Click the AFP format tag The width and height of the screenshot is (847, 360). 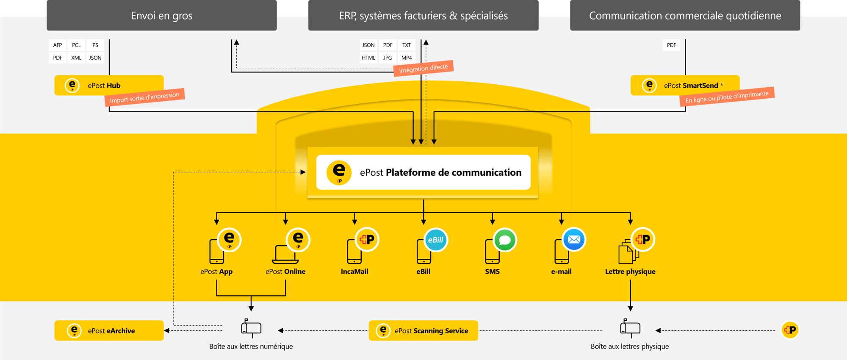click(x=58, y=45)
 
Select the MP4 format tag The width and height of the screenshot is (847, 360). click(x=407, y=58)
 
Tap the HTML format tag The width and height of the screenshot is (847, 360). click(x=368, y=58)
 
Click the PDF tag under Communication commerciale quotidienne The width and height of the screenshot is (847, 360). click(x=671, y=45)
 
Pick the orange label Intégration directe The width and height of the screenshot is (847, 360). click(x=423, y=68)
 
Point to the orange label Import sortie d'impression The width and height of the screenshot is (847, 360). click(x=144, y=97)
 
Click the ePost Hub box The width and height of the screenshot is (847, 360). click(x=109, y=85)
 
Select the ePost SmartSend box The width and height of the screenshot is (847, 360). click(x=685, y=85)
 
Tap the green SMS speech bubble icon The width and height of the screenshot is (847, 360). click(x=505, y=240)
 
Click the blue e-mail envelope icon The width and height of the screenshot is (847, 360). click(x=574, y=240)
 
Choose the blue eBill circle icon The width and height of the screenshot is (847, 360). click(x=435, y=240)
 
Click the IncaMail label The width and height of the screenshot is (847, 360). click(x=354, y=271)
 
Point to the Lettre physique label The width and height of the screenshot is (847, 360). click(x=630, y=271)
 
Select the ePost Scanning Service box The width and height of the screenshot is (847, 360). click(x=423, y=330)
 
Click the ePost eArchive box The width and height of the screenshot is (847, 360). click(x=109, y=330)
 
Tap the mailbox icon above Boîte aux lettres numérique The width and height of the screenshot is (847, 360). click(x=251, y=328)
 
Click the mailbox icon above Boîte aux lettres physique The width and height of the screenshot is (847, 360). click(x=630, y=328)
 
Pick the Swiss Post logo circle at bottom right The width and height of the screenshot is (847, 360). click(x=790, y=330)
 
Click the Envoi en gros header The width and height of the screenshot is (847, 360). click(x=161, y=16)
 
